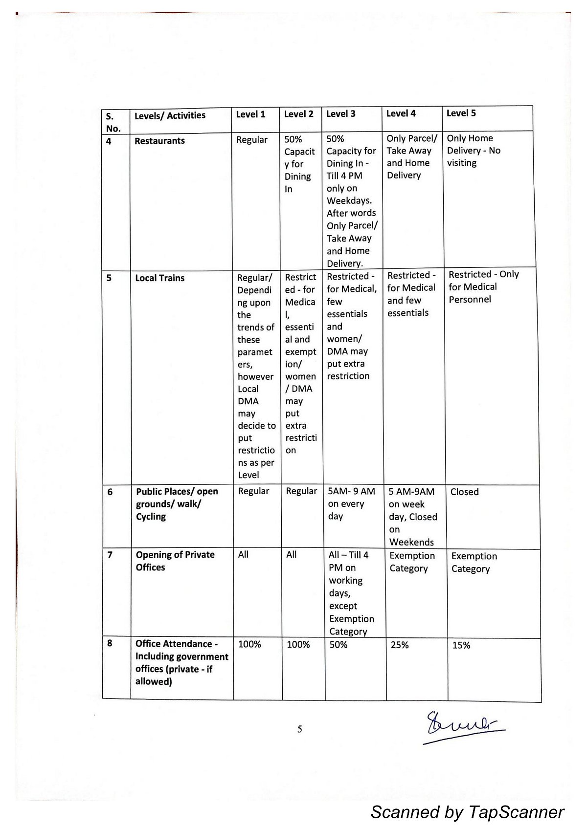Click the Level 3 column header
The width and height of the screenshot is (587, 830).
341,114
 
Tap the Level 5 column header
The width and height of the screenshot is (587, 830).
461,113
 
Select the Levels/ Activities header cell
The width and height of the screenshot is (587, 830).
170,116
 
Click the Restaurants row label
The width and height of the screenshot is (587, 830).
159,141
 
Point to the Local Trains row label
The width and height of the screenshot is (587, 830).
160,278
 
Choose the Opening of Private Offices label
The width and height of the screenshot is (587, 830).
175,561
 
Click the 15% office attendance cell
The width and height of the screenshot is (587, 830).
461,645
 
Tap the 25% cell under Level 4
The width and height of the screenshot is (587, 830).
400,645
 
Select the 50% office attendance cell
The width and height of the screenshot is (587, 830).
339,645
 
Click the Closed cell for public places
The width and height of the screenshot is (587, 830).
464,492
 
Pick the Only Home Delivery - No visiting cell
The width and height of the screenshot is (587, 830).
474,151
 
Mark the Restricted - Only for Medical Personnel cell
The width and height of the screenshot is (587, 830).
483,287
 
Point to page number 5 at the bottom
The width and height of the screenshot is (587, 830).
300,729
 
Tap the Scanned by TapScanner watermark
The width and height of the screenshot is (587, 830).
467,812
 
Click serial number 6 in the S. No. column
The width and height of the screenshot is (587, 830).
110,492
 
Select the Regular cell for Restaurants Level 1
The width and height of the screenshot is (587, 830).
252,140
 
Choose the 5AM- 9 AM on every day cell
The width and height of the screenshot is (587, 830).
351,504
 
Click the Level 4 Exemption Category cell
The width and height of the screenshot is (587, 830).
412,562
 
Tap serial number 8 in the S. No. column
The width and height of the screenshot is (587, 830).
110,643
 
